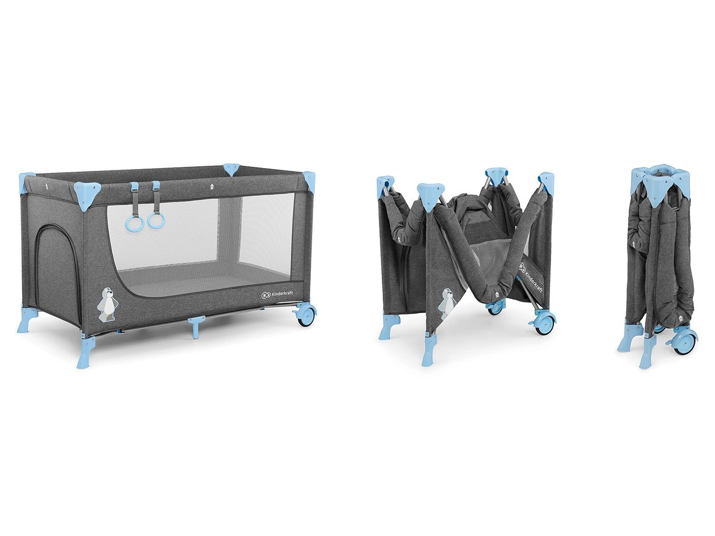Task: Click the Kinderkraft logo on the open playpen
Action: coord(277,294)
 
